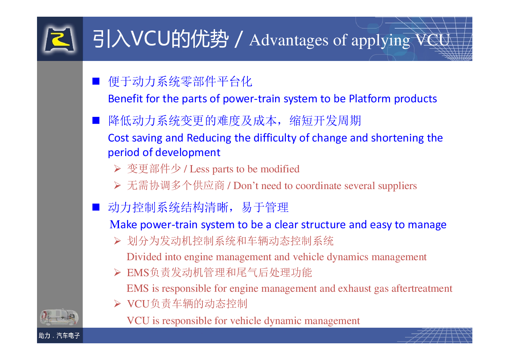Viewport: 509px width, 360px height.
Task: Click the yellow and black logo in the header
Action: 59,39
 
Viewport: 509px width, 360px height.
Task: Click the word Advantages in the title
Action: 289,40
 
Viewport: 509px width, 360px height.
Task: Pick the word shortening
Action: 397,138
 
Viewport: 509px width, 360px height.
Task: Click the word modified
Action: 280,169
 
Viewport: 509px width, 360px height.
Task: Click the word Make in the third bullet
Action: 123,225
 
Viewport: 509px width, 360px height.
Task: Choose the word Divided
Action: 144,257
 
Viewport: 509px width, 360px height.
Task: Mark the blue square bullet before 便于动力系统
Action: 96,81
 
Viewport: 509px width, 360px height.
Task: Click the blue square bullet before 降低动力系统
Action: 96,120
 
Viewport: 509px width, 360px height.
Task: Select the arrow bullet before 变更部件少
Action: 117,169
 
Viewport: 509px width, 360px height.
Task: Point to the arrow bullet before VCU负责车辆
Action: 117,304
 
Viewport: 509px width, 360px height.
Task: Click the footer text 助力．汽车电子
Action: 59,335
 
